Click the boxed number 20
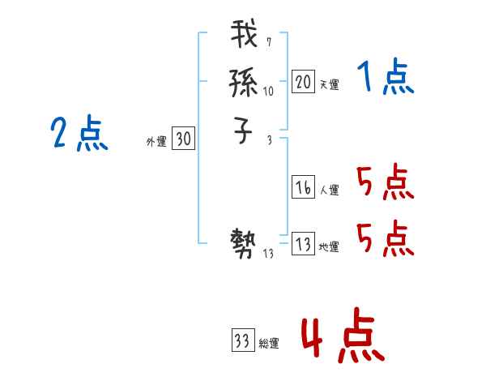point(304,81)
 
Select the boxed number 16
point(304,187)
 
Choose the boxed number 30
point(183,139)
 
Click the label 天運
point(329,84)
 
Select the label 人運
point(329,190)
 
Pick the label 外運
point(156,142)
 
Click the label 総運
point(269,344)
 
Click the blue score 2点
point(79,134)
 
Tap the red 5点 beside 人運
point(385,182)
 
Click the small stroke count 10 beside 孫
point(269,92)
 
